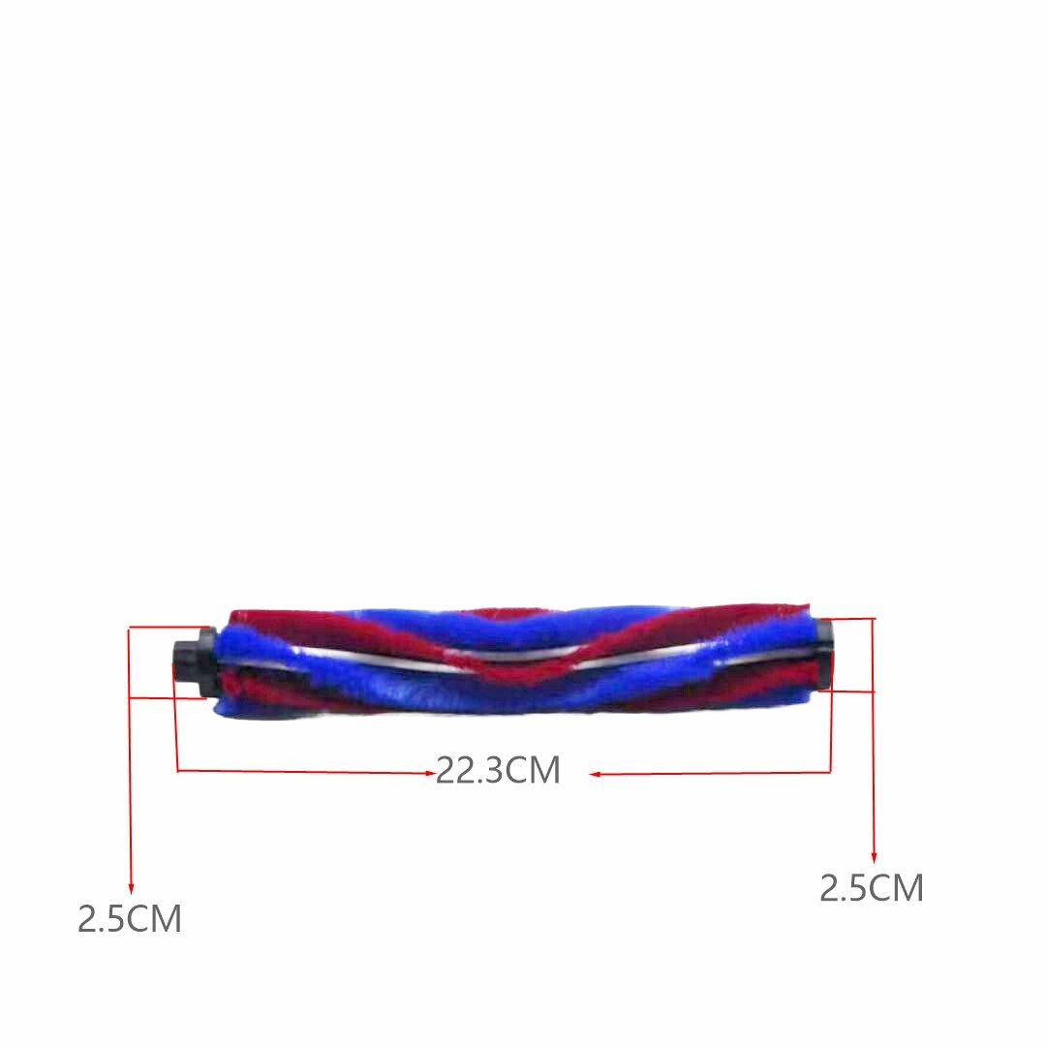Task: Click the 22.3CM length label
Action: pyautogui.click(x=498, y=771)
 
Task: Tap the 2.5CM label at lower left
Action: pyautogui.click(x=130, y=918)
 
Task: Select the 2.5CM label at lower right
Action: pyautogui.click(x=872, y=887)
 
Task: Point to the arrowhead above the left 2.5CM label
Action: pyautogui.click(x=131, y=889)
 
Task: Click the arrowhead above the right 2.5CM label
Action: pyautogui.click(x=874, y=857)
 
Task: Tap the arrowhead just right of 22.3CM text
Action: pyautogui.click(x=596, y=773)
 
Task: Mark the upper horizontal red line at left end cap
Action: pyautogui.click(x=170, y=628)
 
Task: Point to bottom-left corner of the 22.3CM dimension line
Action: pyautogui.click(x=177, y=771)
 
